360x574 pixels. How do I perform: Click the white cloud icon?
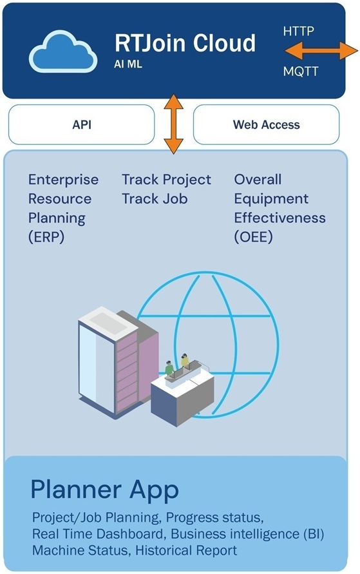point(63,52)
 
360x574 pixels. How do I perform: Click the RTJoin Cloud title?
point(185,43)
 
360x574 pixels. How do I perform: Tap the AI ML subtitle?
point(128,64)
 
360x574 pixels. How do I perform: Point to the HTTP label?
point(298,31)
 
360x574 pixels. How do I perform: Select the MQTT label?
point(301,71)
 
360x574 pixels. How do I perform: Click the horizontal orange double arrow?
point(321,50)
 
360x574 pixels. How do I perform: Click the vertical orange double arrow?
point(173,124)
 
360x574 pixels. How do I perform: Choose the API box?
point(82,124)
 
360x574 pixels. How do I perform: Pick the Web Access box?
point(267,124)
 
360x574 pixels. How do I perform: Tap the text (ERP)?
point(46,237)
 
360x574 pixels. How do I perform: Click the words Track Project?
point(166,179)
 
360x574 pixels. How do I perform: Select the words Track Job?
point(155,199)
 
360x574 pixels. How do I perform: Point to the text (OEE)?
point(254,237)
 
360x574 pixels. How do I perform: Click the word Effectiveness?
point(280,218)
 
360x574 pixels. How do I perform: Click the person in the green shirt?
point(169,368)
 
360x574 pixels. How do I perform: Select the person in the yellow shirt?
point(185,361)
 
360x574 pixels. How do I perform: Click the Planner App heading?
point(104,490)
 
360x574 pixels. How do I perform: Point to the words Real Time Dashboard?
point(97,533)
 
